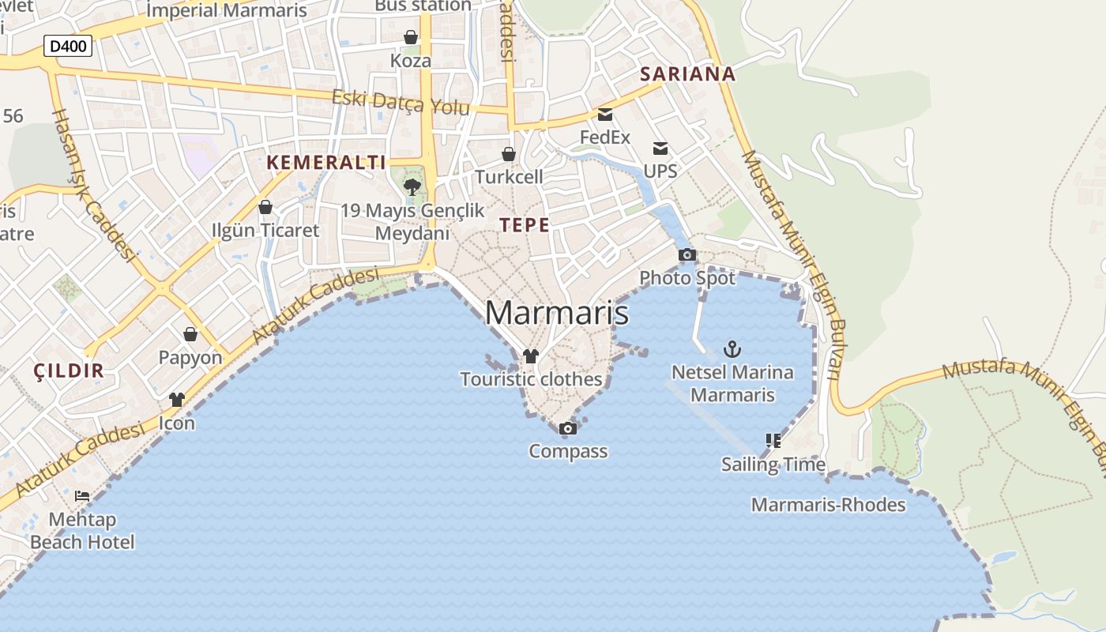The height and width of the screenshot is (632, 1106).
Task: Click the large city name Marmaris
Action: [x=557, y=313]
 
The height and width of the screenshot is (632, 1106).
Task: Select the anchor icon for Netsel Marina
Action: [x=732, y=348]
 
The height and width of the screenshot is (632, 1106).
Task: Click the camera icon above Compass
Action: [x=567, y=428]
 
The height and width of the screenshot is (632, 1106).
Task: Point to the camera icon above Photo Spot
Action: [x=687, y=254]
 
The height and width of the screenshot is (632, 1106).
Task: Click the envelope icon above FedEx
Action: [x=605, y=115]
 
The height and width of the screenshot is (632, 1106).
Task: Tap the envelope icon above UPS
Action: [x=660, y=149]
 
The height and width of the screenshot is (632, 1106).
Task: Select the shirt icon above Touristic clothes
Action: [x=531, y=356]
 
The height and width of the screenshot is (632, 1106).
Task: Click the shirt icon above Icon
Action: [x=177, y=400]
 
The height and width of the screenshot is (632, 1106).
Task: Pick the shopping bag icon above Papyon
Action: [x=190, y=334]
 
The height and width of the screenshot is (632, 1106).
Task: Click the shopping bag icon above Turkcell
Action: [x=509, y=154]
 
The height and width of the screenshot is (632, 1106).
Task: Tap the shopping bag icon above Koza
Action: [x=411, y=37]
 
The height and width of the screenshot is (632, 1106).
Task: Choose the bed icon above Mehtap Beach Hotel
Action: [x=82, y=496]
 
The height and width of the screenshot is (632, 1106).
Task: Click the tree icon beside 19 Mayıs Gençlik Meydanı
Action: [x=412, y=187]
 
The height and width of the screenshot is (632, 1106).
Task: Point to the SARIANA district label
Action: [x=687, y=74]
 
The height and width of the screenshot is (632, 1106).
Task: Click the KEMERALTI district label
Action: [x=326, y=163]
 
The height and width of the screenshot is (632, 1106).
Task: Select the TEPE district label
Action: [x=525, y=224]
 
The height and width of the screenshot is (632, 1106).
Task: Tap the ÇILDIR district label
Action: [x=70, y=371]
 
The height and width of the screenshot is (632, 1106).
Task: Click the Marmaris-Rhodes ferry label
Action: [x=828, y=505]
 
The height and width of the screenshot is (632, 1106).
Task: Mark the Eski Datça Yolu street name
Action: [x=401, y=102]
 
